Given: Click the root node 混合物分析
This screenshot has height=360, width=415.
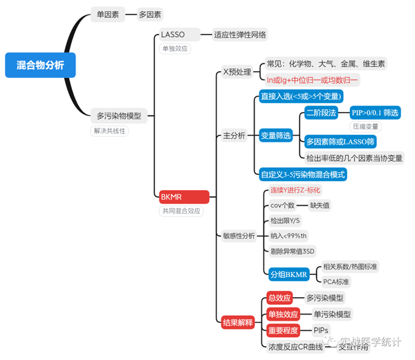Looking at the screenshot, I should [x=39, y=65].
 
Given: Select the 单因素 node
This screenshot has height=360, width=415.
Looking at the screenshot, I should [x=107, y=14].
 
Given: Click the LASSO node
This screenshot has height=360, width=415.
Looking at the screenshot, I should [x=173, y=35].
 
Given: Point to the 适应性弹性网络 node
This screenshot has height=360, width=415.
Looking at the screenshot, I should [x=240, y=35].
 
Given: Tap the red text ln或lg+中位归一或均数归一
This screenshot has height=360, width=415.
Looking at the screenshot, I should [x=313, y=79].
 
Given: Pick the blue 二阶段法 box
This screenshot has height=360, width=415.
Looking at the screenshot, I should [x=322, y=113].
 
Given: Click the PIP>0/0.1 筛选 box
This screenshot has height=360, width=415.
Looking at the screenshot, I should [x=375, y=113].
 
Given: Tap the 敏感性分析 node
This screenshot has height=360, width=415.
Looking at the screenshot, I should [x=239, y=236].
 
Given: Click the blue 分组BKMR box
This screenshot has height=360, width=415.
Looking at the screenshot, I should [x=288, y=274].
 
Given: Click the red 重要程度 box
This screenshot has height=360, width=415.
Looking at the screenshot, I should [x=283, y=330].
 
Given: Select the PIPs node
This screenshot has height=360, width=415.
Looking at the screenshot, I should [x=321, y=330].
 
